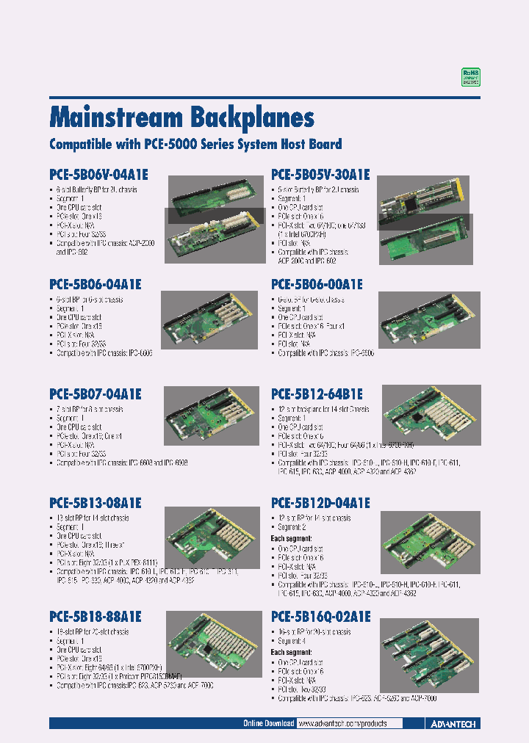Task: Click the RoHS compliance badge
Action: click(x=470, y=78)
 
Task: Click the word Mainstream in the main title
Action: click(x=115, y=117)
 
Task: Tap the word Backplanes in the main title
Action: click(x=253, y=117)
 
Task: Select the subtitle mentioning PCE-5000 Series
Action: click(x=195, y=145)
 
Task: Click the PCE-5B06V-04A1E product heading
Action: click(x=98, y=175)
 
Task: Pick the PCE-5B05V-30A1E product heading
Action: click(x=320, y=175)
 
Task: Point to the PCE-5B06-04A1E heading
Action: click(x=95, y=284)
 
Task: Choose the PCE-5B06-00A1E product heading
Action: click(x=317, y=284)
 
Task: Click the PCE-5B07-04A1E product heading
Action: click(x=95, y=394)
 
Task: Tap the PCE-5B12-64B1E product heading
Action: click(x=317, y=394)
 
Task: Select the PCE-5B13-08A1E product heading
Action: click(x=95, y=504)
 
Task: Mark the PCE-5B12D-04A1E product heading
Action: click(x=320, y=504)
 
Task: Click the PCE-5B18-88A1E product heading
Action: click(x=95, y=617)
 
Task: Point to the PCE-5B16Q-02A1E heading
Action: click(x=320, y=617)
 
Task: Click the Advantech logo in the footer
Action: click(x=452, y=724)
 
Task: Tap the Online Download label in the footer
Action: click(x=268, y=724)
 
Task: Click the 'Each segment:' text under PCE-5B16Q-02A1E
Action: click(x=292, y=652)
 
